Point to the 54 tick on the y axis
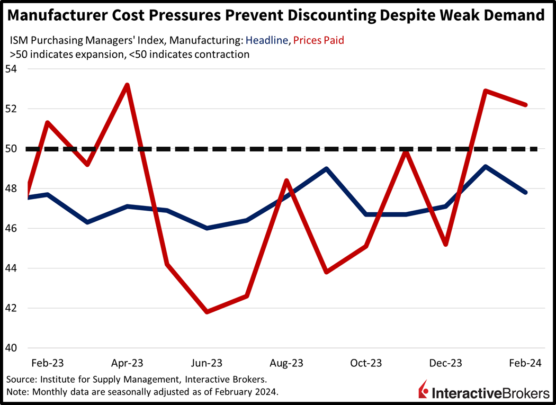tap(11, 69)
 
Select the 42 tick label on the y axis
tap(11, 308)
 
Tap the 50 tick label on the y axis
tap(11, 149)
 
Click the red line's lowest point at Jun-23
tap(207, 312)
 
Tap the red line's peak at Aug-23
tap(286, 181)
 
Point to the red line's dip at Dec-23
tap(446, 245)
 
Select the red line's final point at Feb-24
tap(525, 105)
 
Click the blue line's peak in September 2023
tap(327, 169)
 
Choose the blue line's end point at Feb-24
tap(525, 192)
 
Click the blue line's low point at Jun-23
tap(207, 228)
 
